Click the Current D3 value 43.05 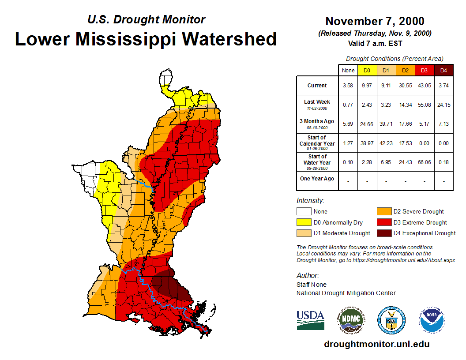(x=425, y=86)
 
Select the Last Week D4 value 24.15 (x=443, y=105)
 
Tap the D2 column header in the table (x=406, y=71)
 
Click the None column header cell (x=348, y=71)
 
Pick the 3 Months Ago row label (x=317, y=124)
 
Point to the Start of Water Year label (x=317, y=162)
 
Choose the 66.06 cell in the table (x=425, y=162)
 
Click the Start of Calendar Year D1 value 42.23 (x=386, y=143)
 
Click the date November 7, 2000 (x=375, y=21)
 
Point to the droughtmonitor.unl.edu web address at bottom (x=376, y=344)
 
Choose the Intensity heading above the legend (x=310, y=200)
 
